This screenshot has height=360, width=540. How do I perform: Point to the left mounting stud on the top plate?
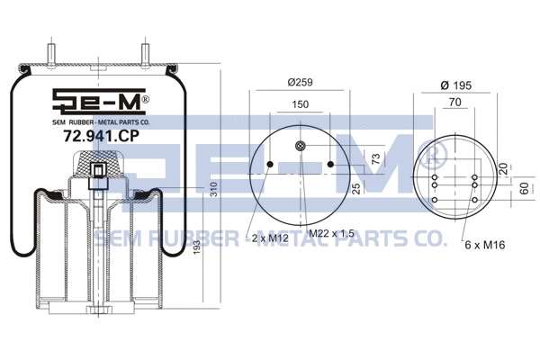point(51,55)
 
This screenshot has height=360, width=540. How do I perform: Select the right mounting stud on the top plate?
point(144,55)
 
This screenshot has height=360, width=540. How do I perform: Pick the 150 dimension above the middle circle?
point(301,105)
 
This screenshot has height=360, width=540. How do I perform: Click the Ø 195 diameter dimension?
point(456,84)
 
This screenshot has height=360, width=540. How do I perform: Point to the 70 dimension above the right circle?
point(454,104)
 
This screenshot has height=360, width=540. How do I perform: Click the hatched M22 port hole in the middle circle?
point(301,147)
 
